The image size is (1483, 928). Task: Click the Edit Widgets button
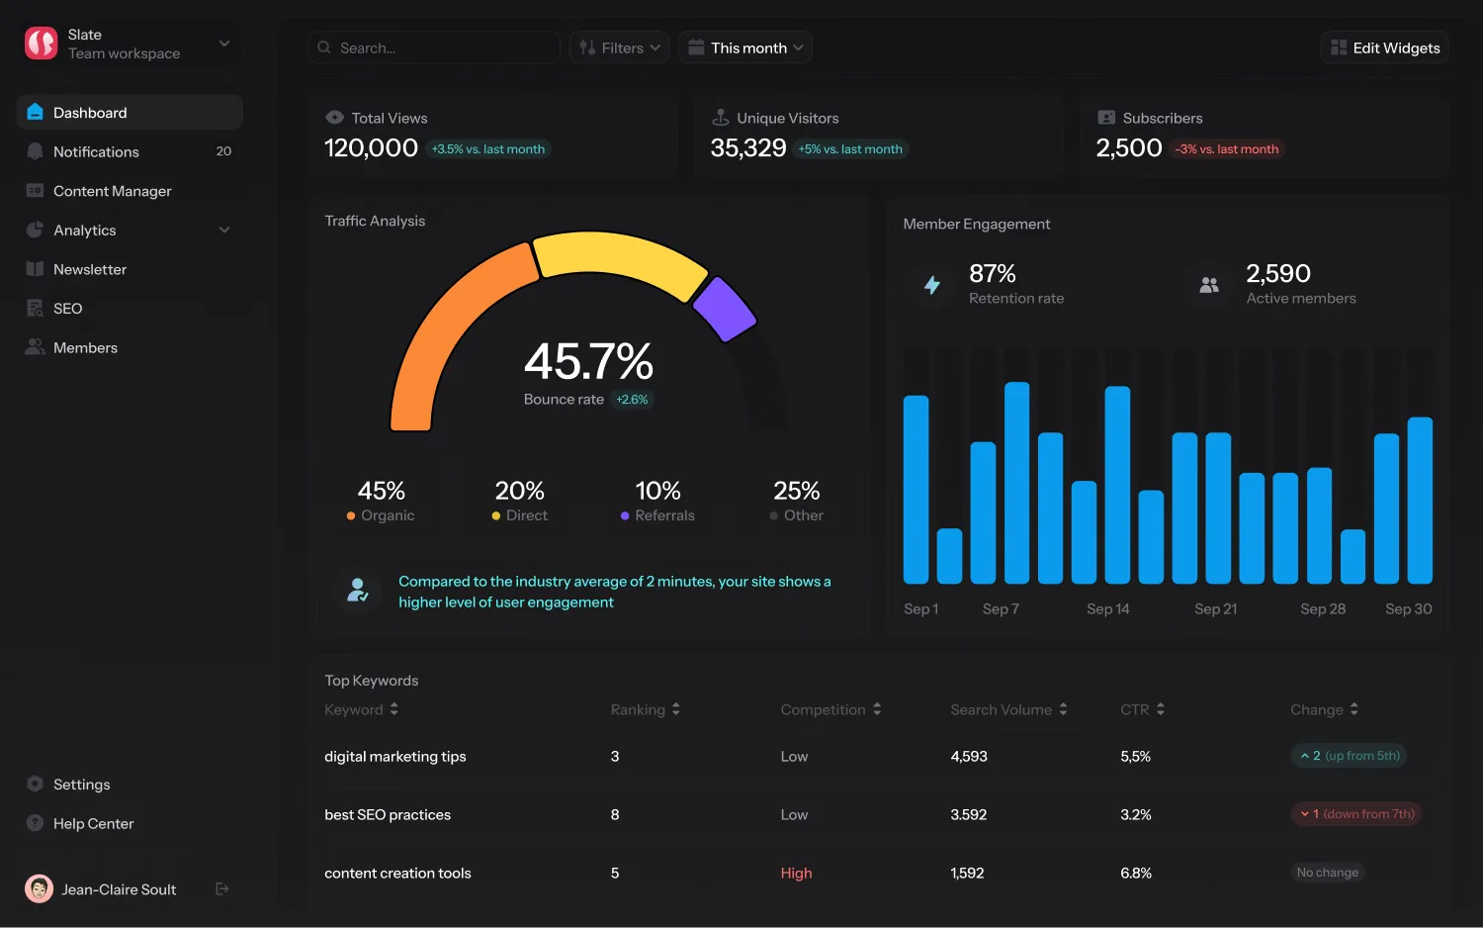[1385, 47]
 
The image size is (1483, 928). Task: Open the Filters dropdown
[620, 47]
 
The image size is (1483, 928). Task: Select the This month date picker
[746, 47]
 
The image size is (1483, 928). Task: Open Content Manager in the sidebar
[112, 191]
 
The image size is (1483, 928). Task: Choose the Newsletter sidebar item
[89, 269]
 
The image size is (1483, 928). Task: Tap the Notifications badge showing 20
[223, 151]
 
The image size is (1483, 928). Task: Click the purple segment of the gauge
[725, 309]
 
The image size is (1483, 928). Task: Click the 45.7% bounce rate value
[588, 362]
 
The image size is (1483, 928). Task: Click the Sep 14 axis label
[1107, 609]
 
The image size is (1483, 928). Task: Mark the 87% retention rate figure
[992, 274]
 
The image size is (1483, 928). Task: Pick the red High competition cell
[796, 873]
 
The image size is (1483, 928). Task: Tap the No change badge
[1327, 873]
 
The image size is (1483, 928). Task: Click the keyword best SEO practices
[388, 815]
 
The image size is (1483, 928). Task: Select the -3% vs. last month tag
[1226, 149]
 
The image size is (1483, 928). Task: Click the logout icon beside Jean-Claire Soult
[222, 888]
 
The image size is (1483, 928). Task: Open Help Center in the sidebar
[93, 823]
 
